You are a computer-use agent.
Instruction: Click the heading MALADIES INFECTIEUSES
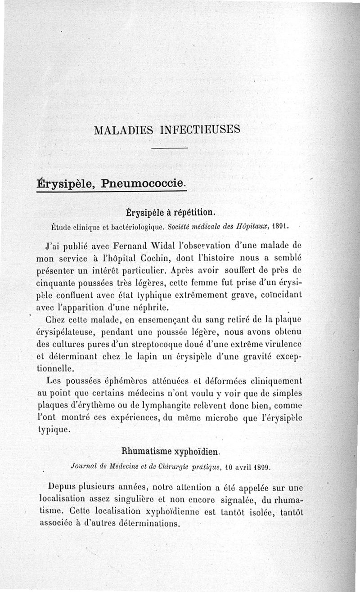167,130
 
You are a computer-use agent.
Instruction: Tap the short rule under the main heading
169,148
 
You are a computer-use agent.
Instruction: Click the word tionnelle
55,369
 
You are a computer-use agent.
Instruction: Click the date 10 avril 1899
247,467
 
